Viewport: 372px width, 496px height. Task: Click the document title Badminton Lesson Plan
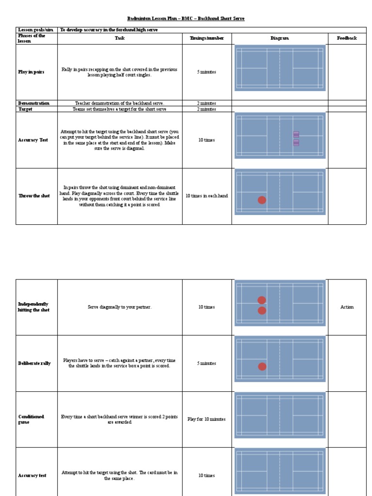pyautogui.click(x=186, y=18)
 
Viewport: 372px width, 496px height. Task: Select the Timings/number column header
pyautogui.click(x=207, y=38)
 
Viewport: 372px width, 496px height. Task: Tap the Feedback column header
pyautogui.click(x=347, y=38)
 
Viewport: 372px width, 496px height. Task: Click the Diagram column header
pyautogui.click(x=279, y=38)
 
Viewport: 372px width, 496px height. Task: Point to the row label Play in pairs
pyautogui.click(x=31, y=72)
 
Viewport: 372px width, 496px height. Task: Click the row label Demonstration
pyautogui.click(x=34, y=103)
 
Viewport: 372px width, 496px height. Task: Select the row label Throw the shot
pyautogui.click(x=34, y=196)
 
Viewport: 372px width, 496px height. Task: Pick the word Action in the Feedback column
pyautogui.click(x=347, y=307)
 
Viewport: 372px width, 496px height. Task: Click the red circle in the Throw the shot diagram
pyautogui.click(x=262, y=200)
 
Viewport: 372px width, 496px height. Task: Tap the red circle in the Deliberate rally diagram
pyautogui.click(x=262, y=367)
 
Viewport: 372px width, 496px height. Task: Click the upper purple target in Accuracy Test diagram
pyautogui.click(x=296, y=134)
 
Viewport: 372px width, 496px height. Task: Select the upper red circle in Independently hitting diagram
pyautogui.click(x=262, y=300)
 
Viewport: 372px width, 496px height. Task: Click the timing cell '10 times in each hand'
pyautogui.click(x=207, y=196)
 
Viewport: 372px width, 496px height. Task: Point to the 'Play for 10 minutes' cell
pyautogui.click(x=207, y=419)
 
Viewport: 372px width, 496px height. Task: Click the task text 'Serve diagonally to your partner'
pyautogui.click(x=120, y=307)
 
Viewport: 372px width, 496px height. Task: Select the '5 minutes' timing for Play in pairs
pyautogui.click(x=207, y=72)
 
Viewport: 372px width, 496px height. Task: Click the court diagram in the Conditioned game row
pyautogui.click(x=279, y=415)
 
